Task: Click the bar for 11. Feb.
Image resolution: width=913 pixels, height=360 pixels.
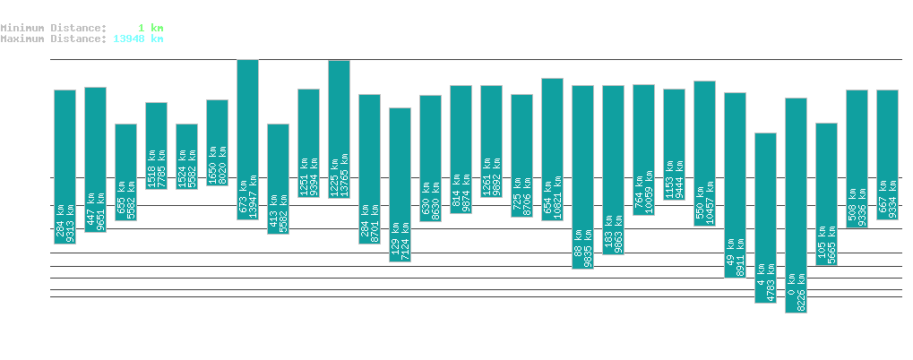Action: (247, 139)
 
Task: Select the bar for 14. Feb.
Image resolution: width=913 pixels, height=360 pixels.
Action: (339, 128)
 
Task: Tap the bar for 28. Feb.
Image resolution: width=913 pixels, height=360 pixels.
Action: (765, 218)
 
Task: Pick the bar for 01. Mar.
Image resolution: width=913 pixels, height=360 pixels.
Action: (796, 205)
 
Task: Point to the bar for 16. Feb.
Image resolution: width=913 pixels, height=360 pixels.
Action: (400, 184)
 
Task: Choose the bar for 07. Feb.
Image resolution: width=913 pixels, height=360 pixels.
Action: (125, 172)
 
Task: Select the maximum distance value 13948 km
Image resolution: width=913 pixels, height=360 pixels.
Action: (138, 39)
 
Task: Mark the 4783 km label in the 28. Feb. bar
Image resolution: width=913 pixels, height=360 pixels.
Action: (771, 279)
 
